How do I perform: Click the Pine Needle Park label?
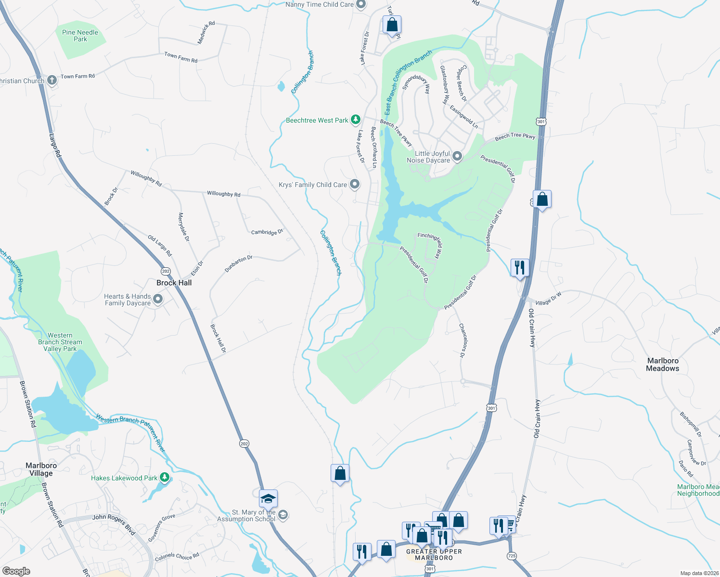coord(80,36)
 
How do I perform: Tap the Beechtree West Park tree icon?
coord(355,119)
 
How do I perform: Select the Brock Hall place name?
coord(174,283)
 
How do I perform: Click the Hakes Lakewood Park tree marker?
coord(165,477)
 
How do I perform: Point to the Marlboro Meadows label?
coord(662,364)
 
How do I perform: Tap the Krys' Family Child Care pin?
coord(355,184)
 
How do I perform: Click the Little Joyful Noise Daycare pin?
coord(457,156)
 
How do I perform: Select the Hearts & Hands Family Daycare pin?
coord(157,300)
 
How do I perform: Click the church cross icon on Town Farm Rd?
coord(52,80)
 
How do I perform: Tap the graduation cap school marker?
coord(268,499)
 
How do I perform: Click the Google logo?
coord(16,571)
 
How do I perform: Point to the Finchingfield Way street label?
coord(431,244)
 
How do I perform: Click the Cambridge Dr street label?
coord(267,232)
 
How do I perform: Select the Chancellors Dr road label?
coord(463,340)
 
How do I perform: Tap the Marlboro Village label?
coord(41,469)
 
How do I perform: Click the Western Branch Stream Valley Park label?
coord(60,342)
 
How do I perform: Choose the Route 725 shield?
coord(512,556)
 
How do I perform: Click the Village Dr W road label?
coord(548,299)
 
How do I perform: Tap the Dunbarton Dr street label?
coord(238,264)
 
